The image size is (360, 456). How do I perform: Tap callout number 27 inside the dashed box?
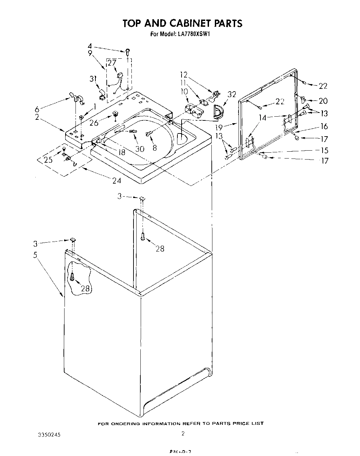pyautogui.click(x=112, y=62)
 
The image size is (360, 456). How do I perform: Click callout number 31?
pyautogui.click(x=93, y=79)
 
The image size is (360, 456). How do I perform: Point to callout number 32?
pyautogui.click(x=232, y=94)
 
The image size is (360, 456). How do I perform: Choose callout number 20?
pyautogui.click(x=323, y=101)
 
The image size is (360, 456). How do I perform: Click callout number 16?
pyautogui.click(x=324, y=126)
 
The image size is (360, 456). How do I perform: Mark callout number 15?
pyautogui.click(x=323, y=150)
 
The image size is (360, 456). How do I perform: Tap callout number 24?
pyautogui.click(x=116, y=180)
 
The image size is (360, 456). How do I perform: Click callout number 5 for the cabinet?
pyautogui.click(x=35, y=255)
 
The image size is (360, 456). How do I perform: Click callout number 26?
pyautogui.click(x=94, y=122)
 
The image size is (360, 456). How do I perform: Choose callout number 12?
pyautogui.click(x=184, y=74)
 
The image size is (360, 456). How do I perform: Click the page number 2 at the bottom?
pyautogui.click(x=183, y=433)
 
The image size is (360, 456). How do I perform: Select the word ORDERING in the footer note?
pyautogui.click(x=125, y=423)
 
